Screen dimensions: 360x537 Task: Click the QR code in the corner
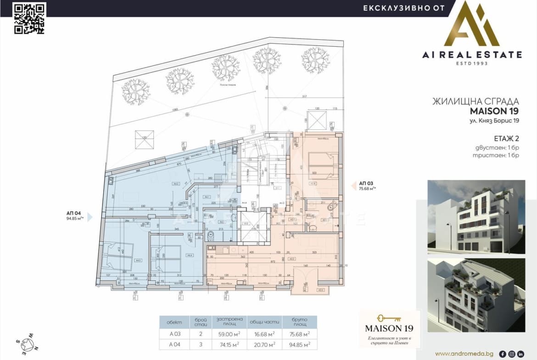(x=29, y=18)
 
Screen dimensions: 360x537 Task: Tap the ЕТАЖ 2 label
(x=506, y=138)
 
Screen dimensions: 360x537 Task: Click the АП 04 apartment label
(x=73, y=213)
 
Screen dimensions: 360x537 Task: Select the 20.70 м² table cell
(x=264, y=344)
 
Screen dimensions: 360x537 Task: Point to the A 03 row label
(x=175, y=333)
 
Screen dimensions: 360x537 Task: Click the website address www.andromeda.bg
(x=464, y=354)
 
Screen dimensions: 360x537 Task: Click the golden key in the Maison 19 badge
(x=389, y=318)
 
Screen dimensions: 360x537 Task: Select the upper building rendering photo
(x=476, y=216)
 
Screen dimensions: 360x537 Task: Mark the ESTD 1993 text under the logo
(x=472, y=63)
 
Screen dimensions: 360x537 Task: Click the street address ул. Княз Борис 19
(x=494, y=121)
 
